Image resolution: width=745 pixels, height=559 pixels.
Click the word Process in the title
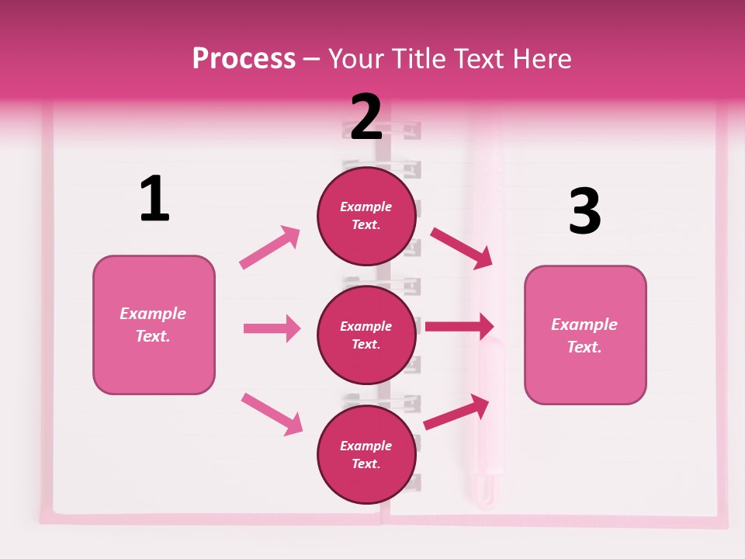pos(244,59)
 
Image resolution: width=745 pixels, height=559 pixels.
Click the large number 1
pos(154,199)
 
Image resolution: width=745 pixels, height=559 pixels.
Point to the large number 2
pos(366,117)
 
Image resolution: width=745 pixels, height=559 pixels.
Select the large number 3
pos(585,211)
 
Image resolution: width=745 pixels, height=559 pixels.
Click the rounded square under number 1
pos(154,325)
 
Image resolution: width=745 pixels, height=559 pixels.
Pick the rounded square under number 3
pos(585,335)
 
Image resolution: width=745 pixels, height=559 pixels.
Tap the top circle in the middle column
pos(366,215)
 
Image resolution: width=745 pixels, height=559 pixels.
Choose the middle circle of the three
pos(366,335)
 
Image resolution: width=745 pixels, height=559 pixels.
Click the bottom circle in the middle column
pos(366,454)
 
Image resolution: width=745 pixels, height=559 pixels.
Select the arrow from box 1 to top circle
pos(270,247)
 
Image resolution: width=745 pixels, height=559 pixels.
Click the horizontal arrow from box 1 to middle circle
pos(272,328)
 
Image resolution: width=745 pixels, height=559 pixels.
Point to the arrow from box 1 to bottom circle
pos(272,414)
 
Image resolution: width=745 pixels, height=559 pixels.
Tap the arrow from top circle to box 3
pos(462,248)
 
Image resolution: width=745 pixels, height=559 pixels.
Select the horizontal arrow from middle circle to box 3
pos(459,326)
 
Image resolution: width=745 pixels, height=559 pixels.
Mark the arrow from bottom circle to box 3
pos(457,412)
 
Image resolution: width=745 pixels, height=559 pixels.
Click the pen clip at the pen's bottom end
pos(486,489)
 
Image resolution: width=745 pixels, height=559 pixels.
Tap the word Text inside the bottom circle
pos(366,464)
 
